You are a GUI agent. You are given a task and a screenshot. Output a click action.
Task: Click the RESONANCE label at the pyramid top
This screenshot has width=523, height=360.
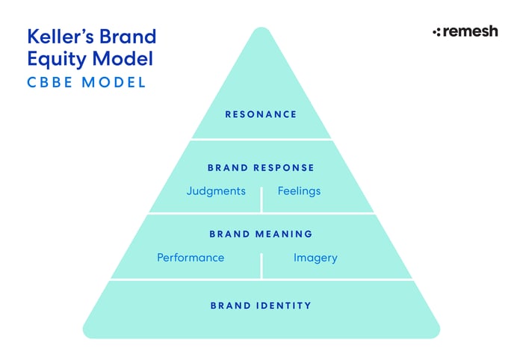(x=261, y=114)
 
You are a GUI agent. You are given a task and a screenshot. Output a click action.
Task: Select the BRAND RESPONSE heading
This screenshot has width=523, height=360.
(x=261, y=168)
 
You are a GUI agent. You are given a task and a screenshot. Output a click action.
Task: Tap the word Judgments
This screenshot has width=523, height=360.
(x=216, y=191)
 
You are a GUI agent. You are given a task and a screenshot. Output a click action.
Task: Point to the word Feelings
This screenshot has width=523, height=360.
(x=299, y=191)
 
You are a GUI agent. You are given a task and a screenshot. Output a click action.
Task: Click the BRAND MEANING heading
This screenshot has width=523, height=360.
(x=261, y=235)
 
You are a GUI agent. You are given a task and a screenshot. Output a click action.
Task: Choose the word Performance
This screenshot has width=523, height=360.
(x=191, y=258)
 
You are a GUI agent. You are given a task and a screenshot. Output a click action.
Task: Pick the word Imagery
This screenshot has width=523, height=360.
(x=315, y=258)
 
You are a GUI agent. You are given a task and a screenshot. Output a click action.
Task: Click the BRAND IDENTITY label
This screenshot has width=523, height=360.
(x=261, y=305)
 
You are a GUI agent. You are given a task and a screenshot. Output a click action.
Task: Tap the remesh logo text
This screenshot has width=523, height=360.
(x=470, y=31)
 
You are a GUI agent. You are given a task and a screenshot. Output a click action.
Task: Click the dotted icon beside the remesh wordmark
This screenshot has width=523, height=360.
(x=437, y=32)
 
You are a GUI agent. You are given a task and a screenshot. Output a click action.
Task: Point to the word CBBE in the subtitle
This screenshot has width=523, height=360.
(x=51, y=82)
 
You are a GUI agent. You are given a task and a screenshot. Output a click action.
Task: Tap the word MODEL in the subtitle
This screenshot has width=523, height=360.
(x=114, y=82)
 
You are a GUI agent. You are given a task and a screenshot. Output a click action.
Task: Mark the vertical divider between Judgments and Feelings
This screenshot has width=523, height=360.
(x=261, y=199)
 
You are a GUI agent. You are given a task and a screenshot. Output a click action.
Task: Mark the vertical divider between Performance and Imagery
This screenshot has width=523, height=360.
(x=261, y=265)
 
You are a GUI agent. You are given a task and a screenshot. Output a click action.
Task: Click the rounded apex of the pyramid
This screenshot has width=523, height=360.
(x=261, y=31)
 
